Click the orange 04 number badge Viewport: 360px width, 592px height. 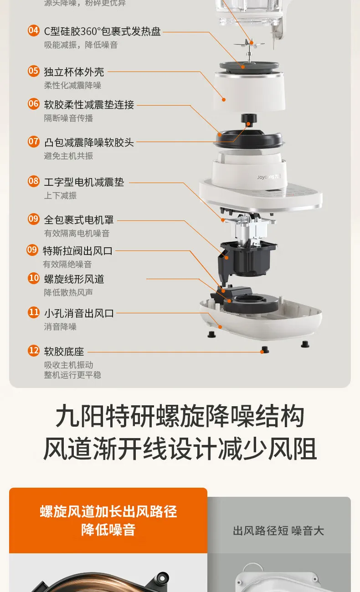point(34,31)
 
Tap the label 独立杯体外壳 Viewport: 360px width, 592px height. point(74,71)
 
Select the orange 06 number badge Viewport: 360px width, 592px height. point(34,104)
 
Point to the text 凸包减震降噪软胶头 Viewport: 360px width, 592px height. point(89,142)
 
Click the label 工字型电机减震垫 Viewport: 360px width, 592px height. point(84,182)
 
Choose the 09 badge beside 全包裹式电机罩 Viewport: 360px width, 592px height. point(34,219)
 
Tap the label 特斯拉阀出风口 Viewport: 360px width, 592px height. point(77,250)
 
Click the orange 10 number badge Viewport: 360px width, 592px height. point(34,278)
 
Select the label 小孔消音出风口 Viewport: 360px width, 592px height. point(79,313)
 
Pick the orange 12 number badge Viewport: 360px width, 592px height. point(34,351)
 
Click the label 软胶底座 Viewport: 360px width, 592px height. point(64,352)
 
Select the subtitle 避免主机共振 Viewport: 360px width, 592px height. point(68,156)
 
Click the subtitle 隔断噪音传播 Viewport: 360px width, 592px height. point(68,118)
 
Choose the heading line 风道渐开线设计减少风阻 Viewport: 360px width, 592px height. point(180,449)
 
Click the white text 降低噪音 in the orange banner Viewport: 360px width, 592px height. point(108,530)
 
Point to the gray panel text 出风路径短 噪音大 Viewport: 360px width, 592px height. point(278,531)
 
